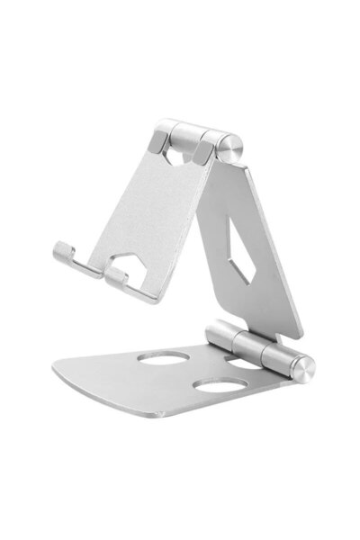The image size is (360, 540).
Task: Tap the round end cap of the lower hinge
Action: click(305, 369)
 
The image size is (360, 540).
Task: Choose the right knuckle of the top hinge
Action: click(212, 145)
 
